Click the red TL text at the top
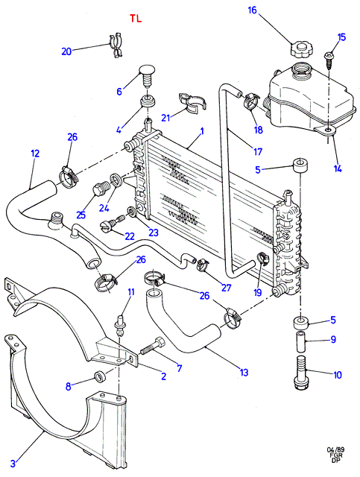pos(136,19)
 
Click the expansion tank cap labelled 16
pos(302,50)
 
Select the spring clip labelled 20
pos(116,46)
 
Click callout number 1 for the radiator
pos(201,131)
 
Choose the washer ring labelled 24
pos(116,179)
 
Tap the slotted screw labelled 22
pos(113,223)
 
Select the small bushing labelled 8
pos(100,376)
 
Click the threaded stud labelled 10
pos(300,372)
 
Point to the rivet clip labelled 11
pos(119,326)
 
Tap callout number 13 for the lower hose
pos(244,372)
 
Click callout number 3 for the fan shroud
pos(13,464)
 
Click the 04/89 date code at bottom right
pos(336,450)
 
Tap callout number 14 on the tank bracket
pos(337,168)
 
